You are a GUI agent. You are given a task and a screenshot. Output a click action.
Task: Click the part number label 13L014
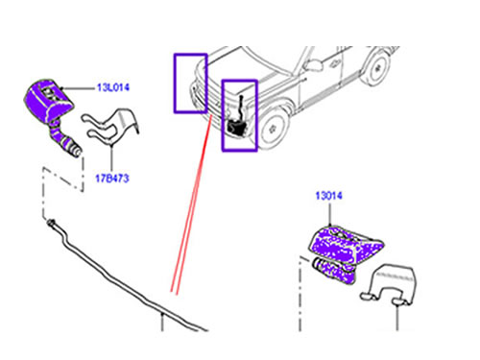(113, 87)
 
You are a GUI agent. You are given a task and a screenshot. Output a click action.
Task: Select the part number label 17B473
(112, 179)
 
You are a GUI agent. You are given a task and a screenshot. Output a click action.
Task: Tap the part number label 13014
(328, 196)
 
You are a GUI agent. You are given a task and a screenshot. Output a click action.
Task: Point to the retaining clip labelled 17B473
(110, 128)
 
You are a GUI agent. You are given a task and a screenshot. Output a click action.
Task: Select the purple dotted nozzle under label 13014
(346, 252)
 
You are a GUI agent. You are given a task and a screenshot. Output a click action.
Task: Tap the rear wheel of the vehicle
(377, 67)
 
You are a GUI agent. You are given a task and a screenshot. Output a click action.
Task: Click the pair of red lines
(192, 204)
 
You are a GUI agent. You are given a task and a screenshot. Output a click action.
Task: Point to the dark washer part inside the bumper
(236, 127)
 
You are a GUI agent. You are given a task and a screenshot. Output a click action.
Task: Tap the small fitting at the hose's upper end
(51, 222)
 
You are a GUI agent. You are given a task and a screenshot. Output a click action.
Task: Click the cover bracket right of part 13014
(391, 281)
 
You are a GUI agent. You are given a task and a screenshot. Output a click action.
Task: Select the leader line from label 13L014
(78, 87)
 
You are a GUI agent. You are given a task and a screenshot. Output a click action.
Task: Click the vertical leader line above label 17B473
(111, 158)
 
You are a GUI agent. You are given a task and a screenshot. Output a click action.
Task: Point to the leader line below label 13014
(329, 214)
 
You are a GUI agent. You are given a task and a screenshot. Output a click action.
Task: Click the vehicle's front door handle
(334, 62)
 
